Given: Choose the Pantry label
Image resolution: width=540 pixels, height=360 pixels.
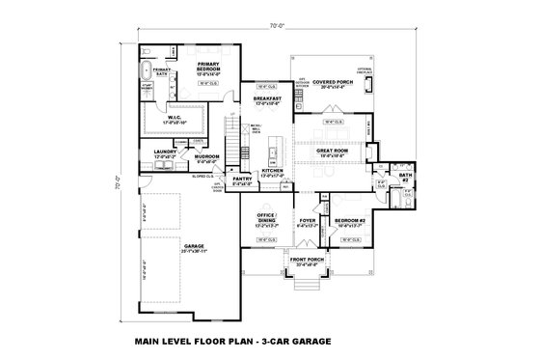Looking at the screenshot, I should pos(241,179).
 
